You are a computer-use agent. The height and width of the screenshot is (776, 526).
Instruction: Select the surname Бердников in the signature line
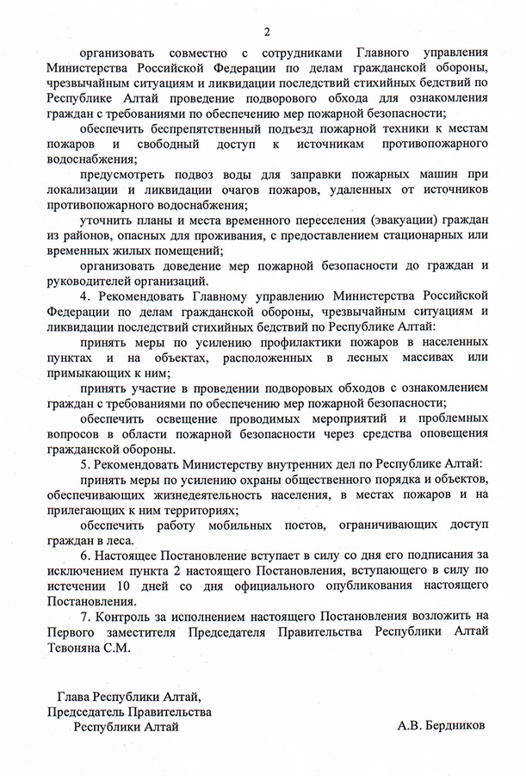[450, 726]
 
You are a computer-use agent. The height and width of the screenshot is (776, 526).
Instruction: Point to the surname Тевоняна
[77, 647]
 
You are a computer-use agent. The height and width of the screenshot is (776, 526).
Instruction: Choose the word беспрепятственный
[193, 128]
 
